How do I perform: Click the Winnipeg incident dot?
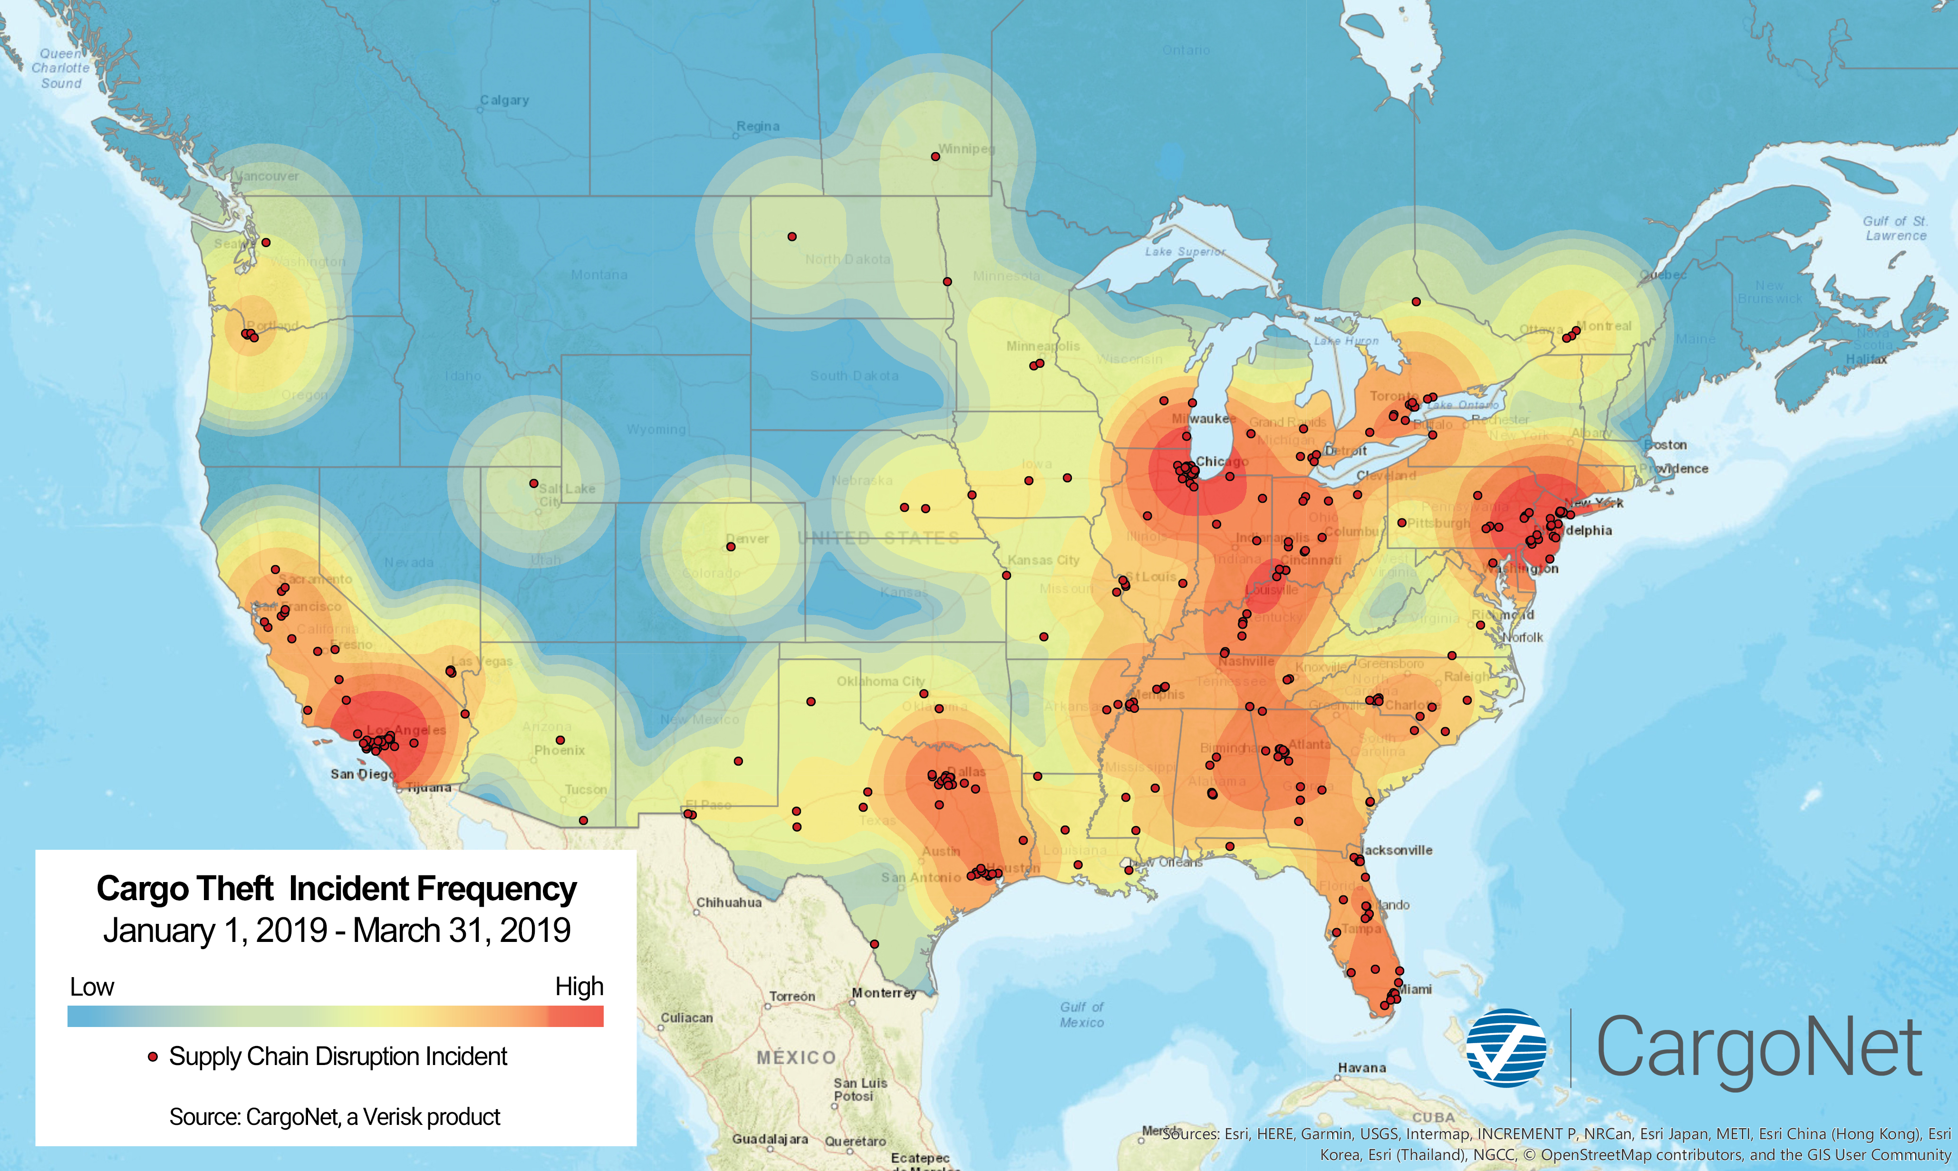(935, 156)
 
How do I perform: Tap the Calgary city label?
(504, 100)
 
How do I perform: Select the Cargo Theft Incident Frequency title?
(336, 889)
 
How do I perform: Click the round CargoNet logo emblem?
(1506, 1047)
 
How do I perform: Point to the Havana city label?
(1361, 1067)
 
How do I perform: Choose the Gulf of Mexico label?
(1082, 1015)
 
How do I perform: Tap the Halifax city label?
(1866, 359)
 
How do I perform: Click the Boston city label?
(1665, 445)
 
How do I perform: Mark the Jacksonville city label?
(1397, 850)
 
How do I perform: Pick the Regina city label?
(758, 126)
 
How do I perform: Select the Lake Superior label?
(1186, 252)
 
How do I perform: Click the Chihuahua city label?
(728, 902)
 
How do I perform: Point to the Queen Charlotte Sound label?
(61, 68)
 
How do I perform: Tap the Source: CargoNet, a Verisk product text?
(335, 1116)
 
